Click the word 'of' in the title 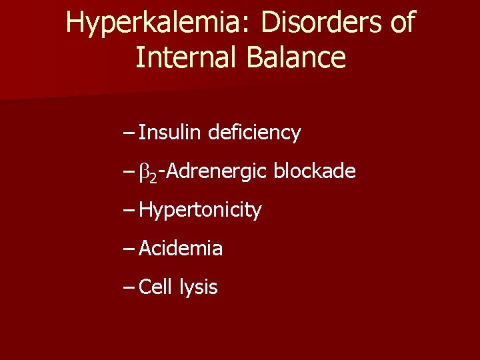coord(401,23)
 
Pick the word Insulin coord(170,133)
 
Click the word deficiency coord(254,133)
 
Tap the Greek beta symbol coord(143,173)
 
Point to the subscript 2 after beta coord(153,177)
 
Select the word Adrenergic coord(215,172)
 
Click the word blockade coord(315,171)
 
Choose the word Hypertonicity coord(200,211)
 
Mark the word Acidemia coord(181,249)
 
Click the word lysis coord(199,288)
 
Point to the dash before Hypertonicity coord(129,211)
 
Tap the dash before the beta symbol coord(129,173)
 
